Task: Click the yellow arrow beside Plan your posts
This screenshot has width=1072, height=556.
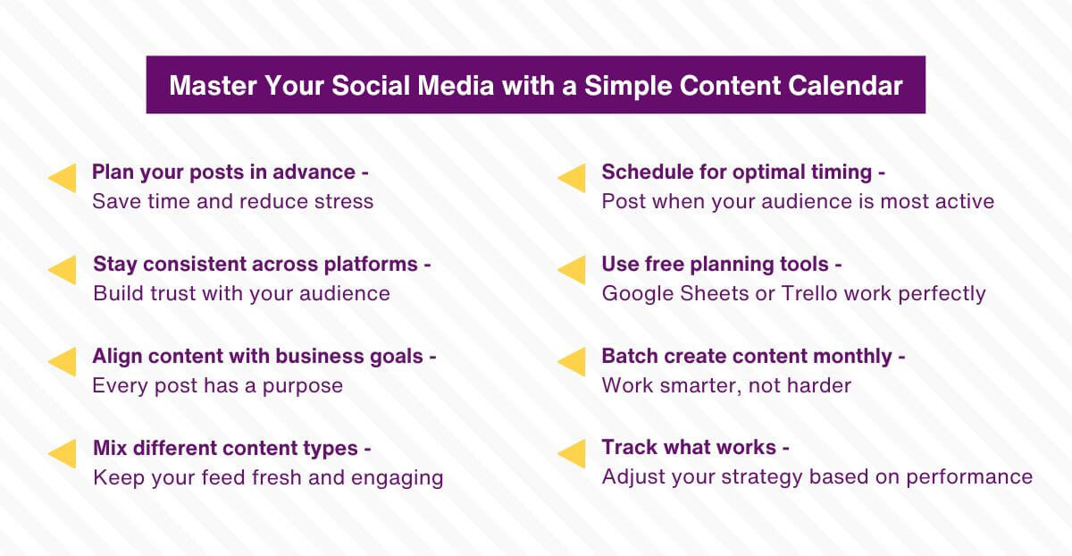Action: pyautogui.click(x=63, y=179)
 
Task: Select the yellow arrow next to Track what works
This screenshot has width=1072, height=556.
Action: pyautogui.click(x=572, y=454)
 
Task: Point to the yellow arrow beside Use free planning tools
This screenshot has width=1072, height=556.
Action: pyautogui.click(x=572, y=271)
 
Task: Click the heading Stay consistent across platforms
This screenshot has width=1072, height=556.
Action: pyautogui.click(x=262, y=265)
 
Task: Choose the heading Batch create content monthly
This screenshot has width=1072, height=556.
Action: pyautogui.click(x=753, y=357)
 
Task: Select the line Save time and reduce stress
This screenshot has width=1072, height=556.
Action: pyautogui.click(x=232, y=201)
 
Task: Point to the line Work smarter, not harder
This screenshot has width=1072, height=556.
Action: pyautogui.click(x=725, y=385)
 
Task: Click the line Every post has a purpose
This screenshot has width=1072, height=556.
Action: pyautogui.click(x=217, y=385)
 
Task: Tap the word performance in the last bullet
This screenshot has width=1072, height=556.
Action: pyautogui.click(x=969, y=477)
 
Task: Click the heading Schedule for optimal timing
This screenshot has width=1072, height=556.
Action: pyautogui.click(x=743, y=173)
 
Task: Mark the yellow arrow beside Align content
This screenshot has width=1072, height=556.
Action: pyautogui.click(x=63, y=362)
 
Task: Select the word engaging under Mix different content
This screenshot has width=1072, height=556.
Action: pyautogui.click(x=399, y=478)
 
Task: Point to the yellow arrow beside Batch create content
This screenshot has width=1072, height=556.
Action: pyautogui.click(x=572, y=362)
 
